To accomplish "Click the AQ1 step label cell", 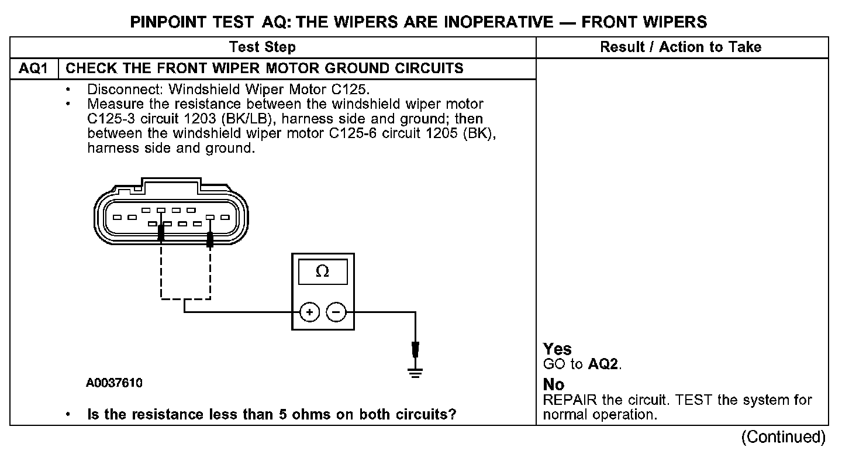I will point(34,68).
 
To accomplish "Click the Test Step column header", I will point(263,47).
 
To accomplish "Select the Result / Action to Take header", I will point(681,47).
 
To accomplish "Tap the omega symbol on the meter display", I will point(322,272).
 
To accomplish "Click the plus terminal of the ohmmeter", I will point(310,313).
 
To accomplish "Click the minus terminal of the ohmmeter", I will point(336,313).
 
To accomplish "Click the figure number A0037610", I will point(114,384).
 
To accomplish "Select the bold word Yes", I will point(557,349).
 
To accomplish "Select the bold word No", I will point(554,385).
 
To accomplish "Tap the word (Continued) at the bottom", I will point(783,437).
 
